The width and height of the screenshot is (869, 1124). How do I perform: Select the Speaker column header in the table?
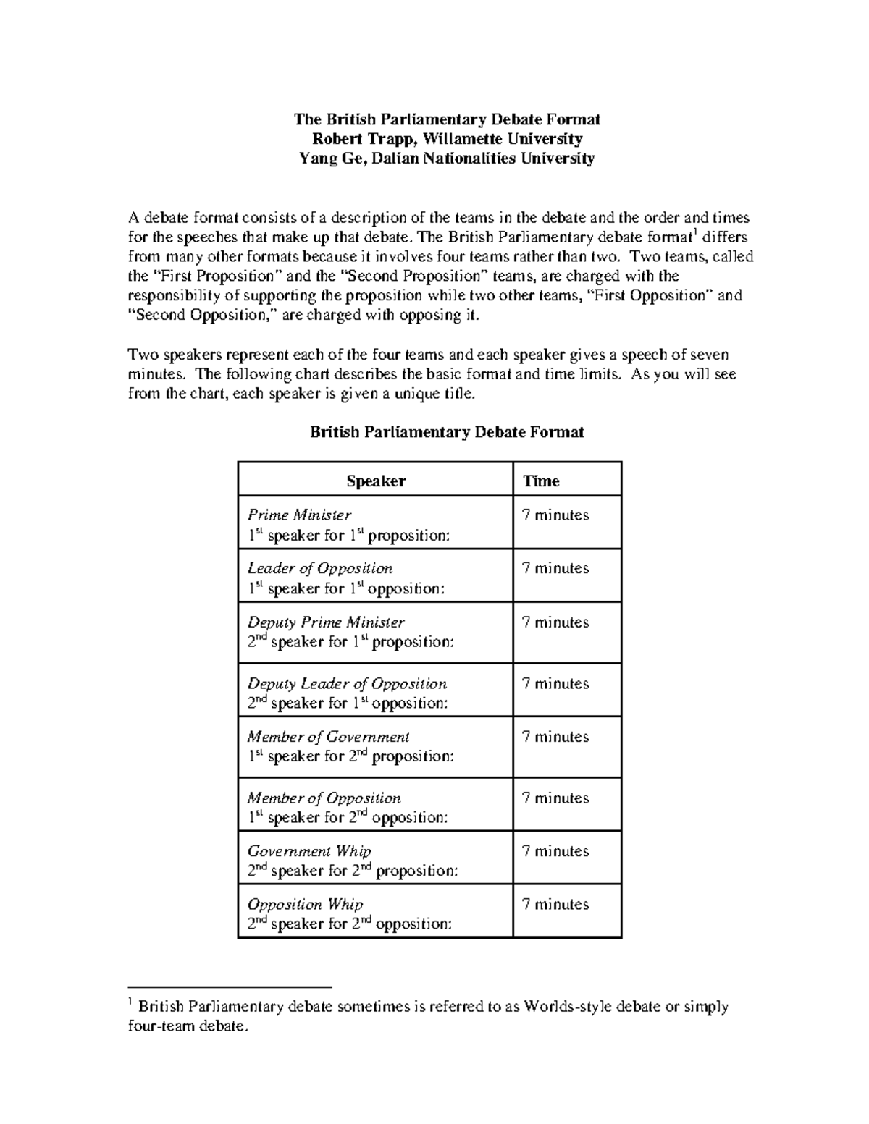pos(375,481)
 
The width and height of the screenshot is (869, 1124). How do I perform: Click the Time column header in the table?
pos(541,481)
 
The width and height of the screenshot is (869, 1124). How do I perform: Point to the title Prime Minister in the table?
pos(299,515)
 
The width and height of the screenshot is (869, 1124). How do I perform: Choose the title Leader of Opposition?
pos(319,568)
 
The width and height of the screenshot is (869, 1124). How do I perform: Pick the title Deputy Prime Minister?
pos(325,622)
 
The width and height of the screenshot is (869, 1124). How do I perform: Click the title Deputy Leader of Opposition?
pos(347,683)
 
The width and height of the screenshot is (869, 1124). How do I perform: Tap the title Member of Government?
pos(328,737)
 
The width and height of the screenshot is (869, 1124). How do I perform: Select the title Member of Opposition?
pos(324,798)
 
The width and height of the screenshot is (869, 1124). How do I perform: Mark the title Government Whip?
pos(309,851)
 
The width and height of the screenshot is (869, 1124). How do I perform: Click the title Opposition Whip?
pos(305,904)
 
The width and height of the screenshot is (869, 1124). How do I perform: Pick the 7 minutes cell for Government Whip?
pos(555,851)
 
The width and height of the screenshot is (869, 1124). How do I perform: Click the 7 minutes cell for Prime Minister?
pos(555,515)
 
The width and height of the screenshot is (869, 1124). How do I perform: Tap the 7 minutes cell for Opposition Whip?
pos(555,904)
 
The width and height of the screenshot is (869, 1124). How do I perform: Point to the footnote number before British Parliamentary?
pos(130,1002)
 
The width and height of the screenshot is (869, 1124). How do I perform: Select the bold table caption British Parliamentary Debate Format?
pos(447,432)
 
